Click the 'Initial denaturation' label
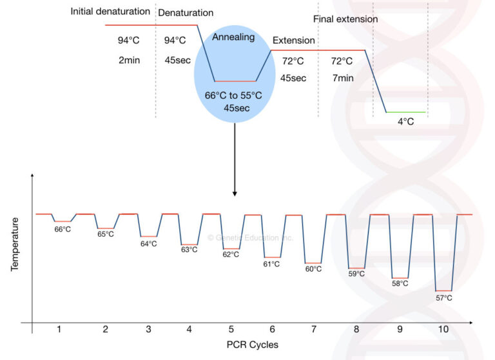pyautogui.click(x=110, y=12)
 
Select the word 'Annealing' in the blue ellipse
pyautogui.click(x=233, y=37)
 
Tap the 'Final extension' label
pyautogui.click(x=345, y=19)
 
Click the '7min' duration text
pyautogui.click(x=342, y=77)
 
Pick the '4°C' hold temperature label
pyautogui.click(x=406, y=121)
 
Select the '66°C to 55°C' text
pyautogui.click(x=233, y=95)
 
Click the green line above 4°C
pyautogui.click(x=406, y=112)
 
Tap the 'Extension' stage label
pyautogui.click(x=293, y=40)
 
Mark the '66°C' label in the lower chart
pyautogui.click(x=63, y=229)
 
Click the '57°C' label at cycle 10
pyautogui.click(x=444, y=298)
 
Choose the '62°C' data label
pyautogui.click(x=231, y=254)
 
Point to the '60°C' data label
pyautogui.click(x=313, y=269)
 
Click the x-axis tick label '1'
pyautogui.click(x=59, y=330)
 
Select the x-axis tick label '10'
pyautogui.click(x=443, y=330)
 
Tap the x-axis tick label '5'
pyautogui.click(x=231, y=330)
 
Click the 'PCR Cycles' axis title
pyautogui.click(x=253, y=345)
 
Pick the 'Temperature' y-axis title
pyautogui.click(x=15, y=243)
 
